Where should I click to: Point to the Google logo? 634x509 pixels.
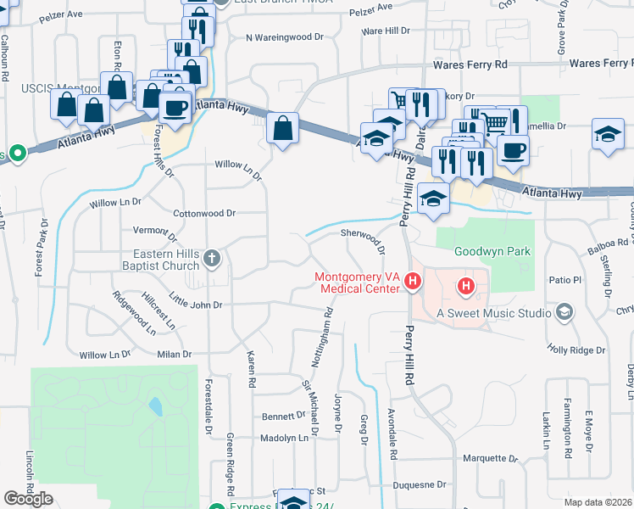tap(28, 499)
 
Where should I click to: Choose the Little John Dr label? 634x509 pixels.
tap(195, 301)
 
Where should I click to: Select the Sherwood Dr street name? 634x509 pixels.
tap(364, 241)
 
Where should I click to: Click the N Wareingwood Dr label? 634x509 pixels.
tap(286, 37)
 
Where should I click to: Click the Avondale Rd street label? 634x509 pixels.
tap(393, 442)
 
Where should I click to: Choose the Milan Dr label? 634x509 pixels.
tap(175, 355)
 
